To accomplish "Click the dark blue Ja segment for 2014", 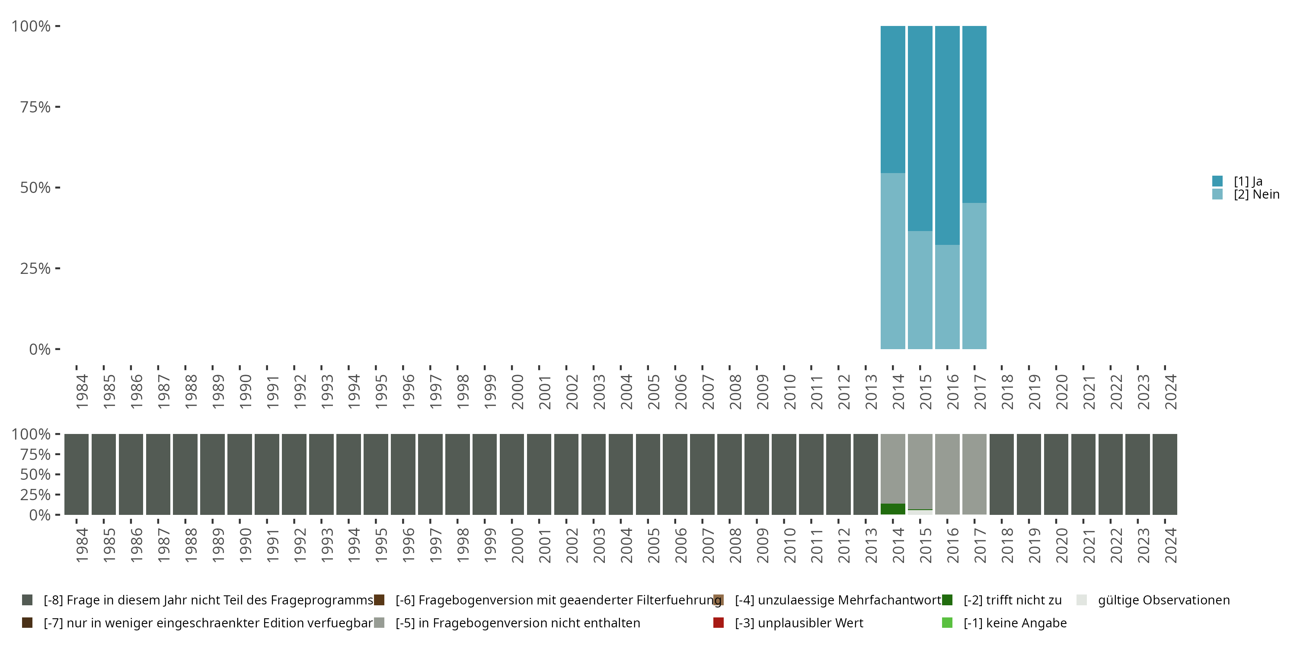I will [x=892, y=99].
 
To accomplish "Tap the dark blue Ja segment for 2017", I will [x=974, y=114].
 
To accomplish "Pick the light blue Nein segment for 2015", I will [x=920, y=290].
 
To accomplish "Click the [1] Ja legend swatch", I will [x=1217, y=181].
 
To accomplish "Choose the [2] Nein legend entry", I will [x=1256, y=195].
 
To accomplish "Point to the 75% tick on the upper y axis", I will [x=58, y=107].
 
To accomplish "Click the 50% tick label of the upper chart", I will [x=35, y=188].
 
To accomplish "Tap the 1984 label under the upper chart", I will [x=82, y=392].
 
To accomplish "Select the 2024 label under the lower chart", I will [x=1171, y=545].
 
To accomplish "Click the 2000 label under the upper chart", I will [x=517, y=392].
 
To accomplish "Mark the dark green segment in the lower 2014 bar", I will [x=892, y=509].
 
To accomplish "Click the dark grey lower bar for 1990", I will [x=239, y=474].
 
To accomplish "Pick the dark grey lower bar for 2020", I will [x=1056, y=474].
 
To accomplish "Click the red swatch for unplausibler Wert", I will [x=719, y=623].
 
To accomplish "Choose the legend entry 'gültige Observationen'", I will [x=1163, y=600].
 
